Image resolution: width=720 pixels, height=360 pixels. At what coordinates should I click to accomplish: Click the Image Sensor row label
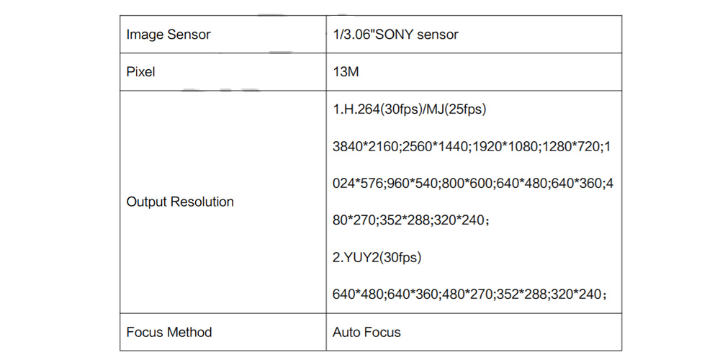[x=168, y=35]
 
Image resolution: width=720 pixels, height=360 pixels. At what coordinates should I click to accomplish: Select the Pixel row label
[x=140, y=72]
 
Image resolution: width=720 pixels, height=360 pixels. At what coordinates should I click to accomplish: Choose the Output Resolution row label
[x=180, y=202]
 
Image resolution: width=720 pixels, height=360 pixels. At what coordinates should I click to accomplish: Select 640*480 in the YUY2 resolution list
[x=358, y=294]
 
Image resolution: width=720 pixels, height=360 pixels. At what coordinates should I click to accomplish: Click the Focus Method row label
[x=169, y=332]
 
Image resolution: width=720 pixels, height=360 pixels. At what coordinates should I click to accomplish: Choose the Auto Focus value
[x=366, y=332]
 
